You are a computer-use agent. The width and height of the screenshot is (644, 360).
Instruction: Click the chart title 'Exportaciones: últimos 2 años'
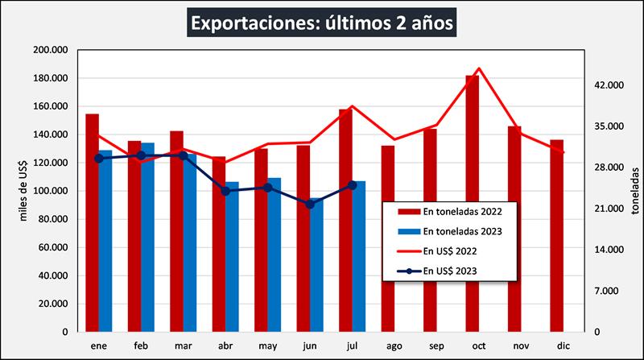pos(322,21)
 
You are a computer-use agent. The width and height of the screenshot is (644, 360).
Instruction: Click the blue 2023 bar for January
pos(105,241)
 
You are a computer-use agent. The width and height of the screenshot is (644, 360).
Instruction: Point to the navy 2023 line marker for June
pos(310,204)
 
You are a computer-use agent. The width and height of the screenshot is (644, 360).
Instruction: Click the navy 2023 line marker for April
pos(225,191)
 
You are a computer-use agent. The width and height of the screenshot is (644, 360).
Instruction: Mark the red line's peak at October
pos(478,68)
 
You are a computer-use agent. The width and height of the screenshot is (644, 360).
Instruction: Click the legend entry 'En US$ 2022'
pos(451,250)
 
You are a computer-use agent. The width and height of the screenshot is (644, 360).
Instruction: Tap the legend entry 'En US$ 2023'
pos(451,271)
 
